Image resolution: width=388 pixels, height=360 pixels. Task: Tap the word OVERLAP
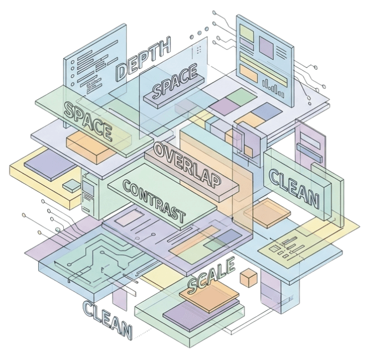click(x=187, y=165)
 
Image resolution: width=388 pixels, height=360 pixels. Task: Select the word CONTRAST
click(x=154, y=201)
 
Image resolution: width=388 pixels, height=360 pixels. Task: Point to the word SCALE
click(x=211, y=275)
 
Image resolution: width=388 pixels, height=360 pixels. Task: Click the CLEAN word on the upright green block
click(x=294, y=188)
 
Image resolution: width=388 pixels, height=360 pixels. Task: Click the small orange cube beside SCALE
click(x=248, y=277)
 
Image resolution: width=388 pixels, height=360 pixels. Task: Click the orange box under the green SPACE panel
click(x=91, y=147)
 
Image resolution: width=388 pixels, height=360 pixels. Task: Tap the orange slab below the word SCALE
click(x=209, y=297)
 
